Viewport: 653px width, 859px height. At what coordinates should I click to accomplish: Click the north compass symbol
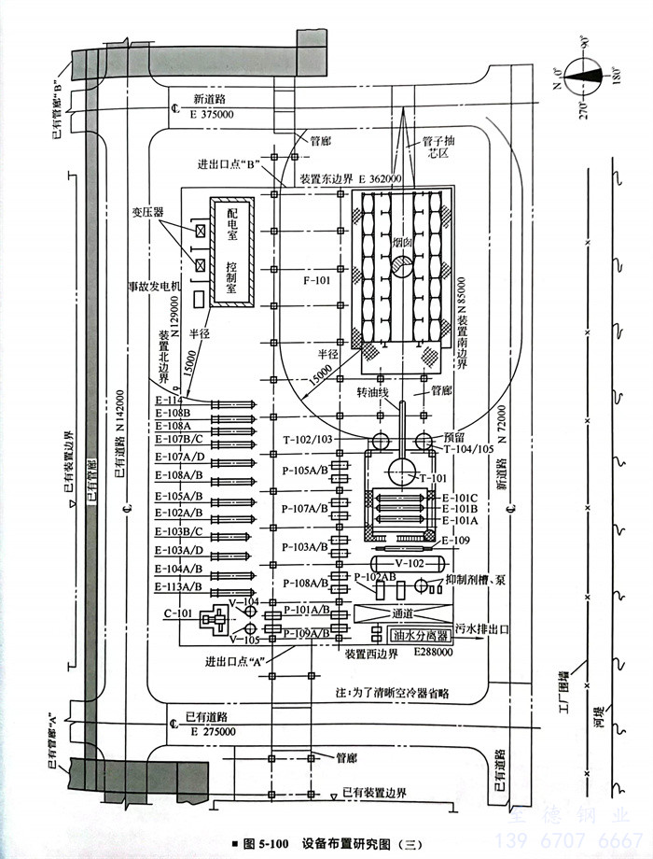(x=587, y=75)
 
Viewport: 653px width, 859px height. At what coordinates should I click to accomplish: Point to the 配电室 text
(x=232, y=224)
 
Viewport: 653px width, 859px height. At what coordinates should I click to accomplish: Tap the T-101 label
(x=435, y=477)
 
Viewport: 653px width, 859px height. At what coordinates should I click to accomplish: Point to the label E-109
(x=456, y=541)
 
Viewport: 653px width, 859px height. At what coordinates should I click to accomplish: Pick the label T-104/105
(x=469, y=448)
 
